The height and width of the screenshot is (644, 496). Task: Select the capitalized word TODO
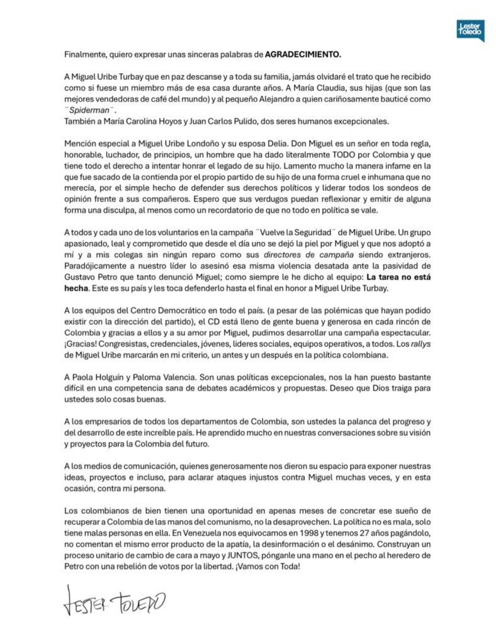[x=330, y=155]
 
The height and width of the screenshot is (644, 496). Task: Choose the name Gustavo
[x=81, y=286]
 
